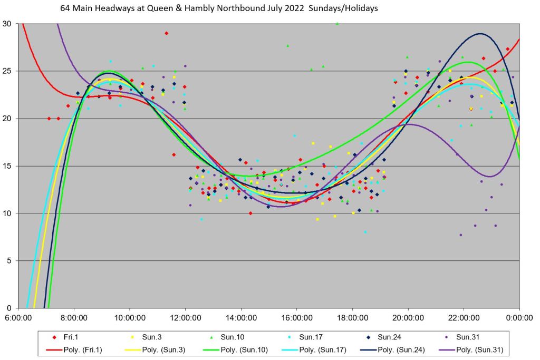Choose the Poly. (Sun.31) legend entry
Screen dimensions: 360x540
pos(477,349)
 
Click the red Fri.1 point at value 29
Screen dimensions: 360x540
pos(166,33)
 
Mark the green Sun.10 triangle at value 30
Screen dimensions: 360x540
pos(337,23)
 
